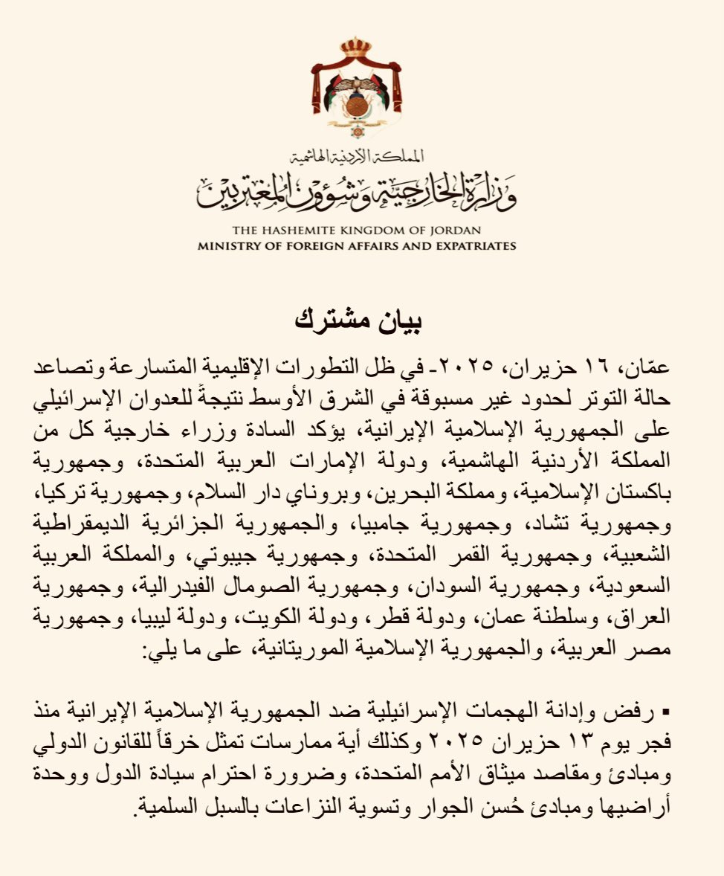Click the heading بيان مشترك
[362, 321]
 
